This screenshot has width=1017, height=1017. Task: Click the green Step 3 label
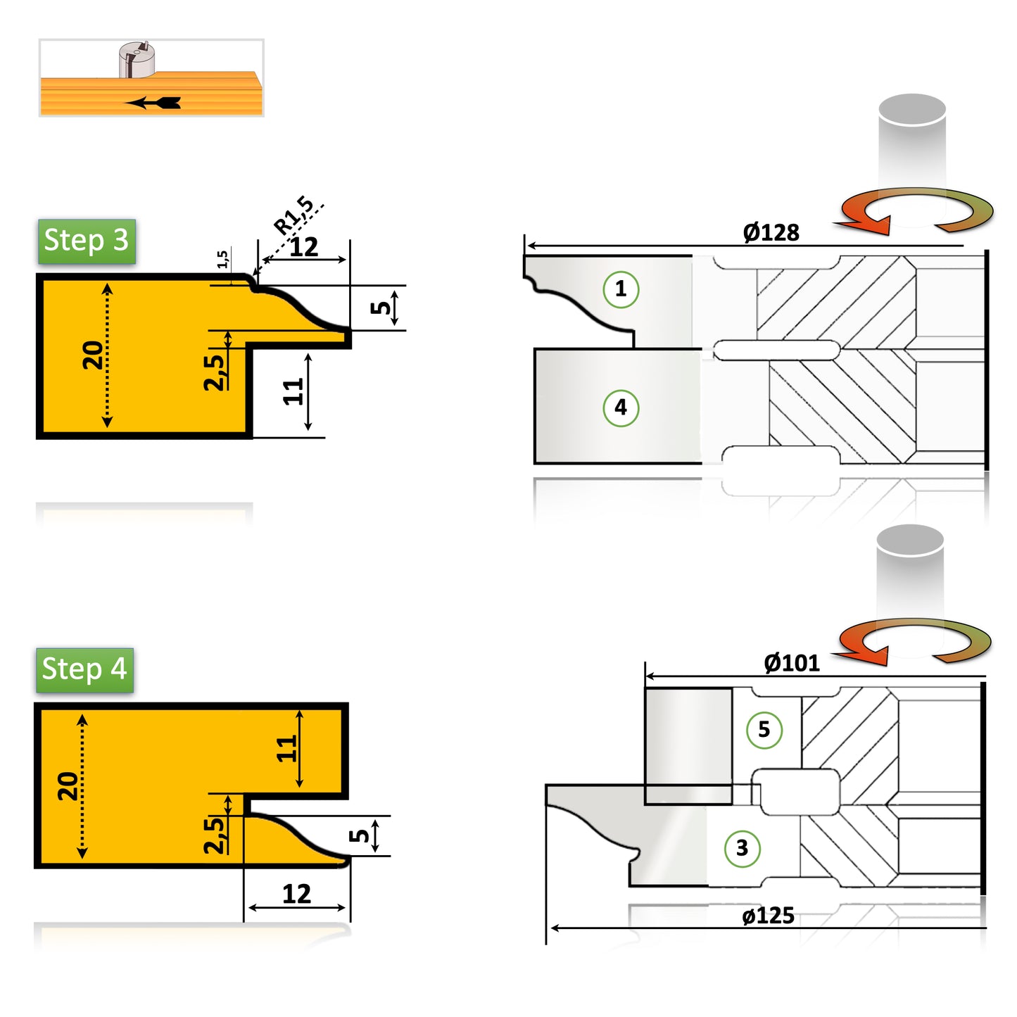(86, 241)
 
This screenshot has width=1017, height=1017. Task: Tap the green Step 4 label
(84, 669)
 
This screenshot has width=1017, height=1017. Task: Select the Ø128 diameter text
(771, 232)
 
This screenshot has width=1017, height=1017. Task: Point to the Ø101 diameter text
(791, 663)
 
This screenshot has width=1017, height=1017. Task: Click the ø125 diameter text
(768, 916)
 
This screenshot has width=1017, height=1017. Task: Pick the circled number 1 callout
(621, 289)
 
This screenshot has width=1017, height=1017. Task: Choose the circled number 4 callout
(621, 408)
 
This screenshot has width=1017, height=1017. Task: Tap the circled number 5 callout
(764, 730)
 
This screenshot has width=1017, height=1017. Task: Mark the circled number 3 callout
(742, 848)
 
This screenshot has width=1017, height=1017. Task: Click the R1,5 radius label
(294, 215)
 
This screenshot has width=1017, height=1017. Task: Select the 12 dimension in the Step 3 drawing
(304, 247)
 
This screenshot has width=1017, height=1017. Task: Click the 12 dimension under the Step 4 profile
(296, 894)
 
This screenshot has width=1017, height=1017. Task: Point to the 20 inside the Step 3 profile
(92, 355)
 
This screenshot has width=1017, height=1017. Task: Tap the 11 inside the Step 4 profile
(286, 749)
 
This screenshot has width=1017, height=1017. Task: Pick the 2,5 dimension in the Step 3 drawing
(214, 372)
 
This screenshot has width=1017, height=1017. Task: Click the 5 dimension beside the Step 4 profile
(360, 836)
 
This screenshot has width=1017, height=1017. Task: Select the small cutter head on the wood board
(137, 60)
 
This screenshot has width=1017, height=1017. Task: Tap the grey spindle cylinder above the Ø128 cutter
(912, 148)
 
